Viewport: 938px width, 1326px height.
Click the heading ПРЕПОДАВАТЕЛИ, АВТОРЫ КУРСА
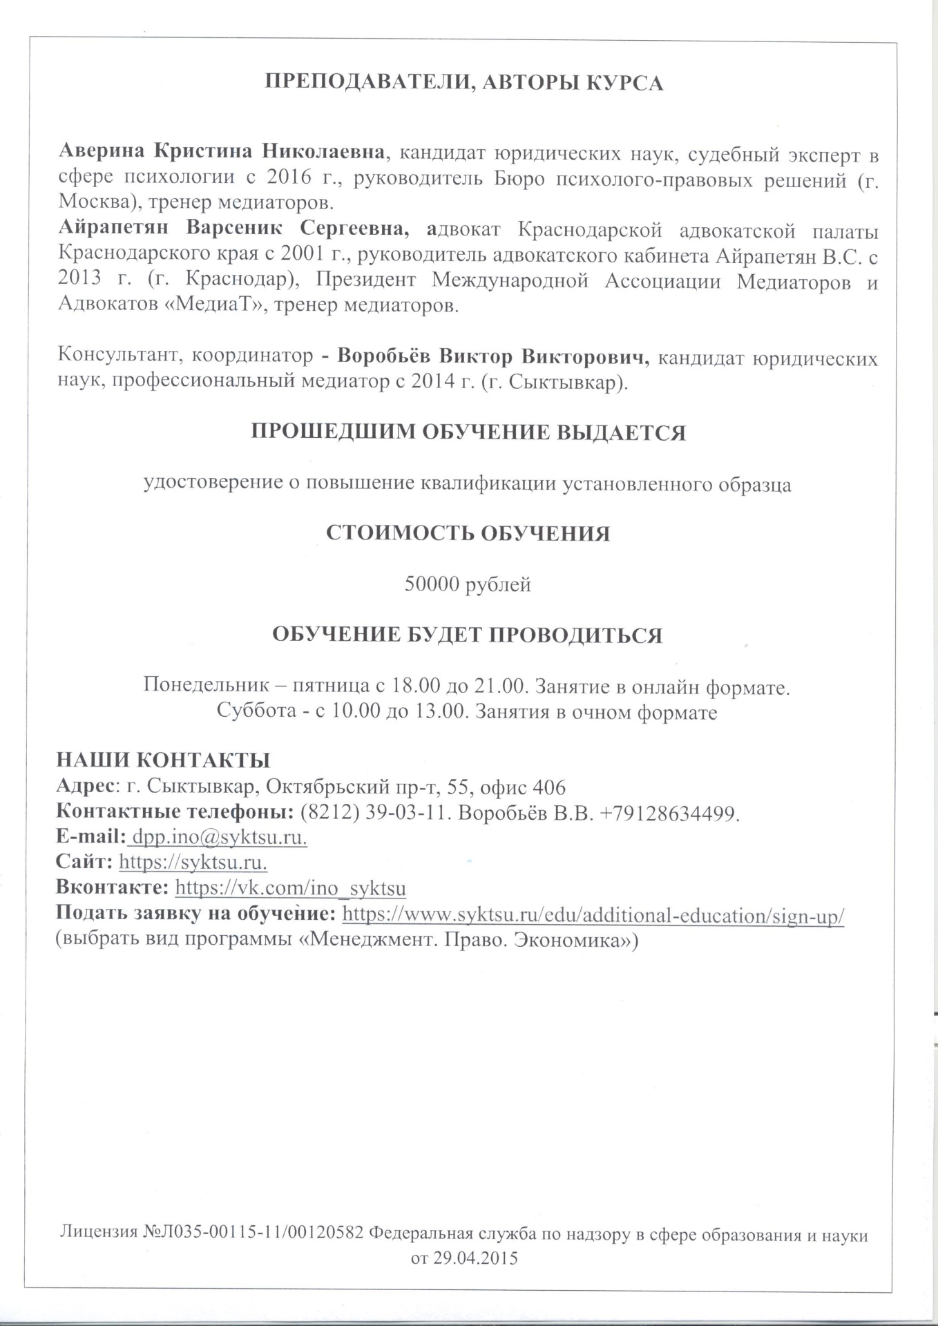pyautogui.click(x=465, y=83)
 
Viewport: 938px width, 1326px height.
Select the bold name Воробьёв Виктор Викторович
pyautogui.click(x=493, y=357)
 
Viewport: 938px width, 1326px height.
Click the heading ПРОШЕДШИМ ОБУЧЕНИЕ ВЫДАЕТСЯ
pyautogui.click(x=468, y=432)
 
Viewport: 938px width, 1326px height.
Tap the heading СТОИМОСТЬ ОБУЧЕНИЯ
pyautogui.click(x=468, y=534)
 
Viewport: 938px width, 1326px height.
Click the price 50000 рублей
pyautogui.click(x=468, y=584)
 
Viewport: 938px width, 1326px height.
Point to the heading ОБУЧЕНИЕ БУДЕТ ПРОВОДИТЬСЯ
pyautogui.click(x=468, y=635)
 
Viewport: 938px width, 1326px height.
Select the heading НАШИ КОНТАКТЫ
pyautogui.click(x=163, y=760)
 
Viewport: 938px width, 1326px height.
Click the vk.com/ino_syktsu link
pyautogui.click(x=291, y=888)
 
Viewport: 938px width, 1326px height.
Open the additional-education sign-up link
pyautogui.click(x=593, y=916)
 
